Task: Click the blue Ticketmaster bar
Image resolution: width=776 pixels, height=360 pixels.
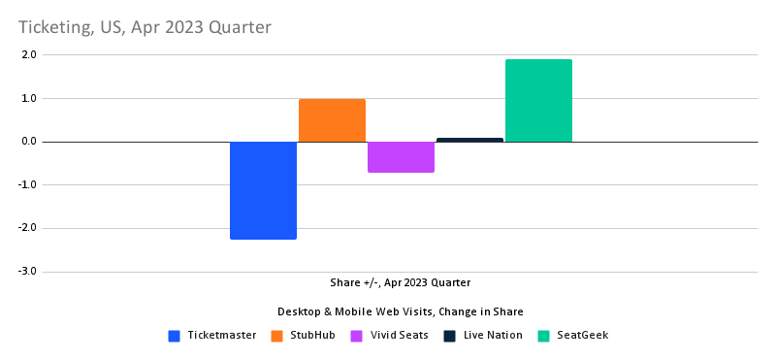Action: [263, 190]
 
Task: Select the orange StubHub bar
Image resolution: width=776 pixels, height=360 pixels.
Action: [332, 120]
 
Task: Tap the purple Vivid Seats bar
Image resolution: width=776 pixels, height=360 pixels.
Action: [401, 157]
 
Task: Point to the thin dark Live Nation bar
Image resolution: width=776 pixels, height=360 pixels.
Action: [469, 140]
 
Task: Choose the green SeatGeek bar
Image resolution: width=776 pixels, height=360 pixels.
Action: [538, 101]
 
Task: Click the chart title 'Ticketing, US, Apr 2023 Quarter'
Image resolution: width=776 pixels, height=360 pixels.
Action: [145, 26]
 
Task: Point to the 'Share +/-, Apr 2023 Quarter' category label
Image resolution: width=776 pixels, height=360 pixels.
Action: [400, 282]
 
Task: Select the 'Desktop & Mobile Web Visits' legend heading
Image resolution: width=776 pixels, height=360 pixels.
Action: [400, 311]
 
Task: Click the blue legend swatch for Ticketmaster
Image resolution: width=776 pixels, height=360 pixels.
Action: [175, 336]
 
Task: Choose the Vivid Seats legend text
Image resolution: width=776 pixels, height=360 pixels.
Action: [399, 336]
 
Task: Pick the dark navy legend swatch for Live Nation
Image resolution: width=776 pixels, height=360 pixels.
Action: [450, 336]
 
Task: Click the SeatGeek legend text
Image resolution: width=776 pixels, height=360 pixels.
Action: [583, 336]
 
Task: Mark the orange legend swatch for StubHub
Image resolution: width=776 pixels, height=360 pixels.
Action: [276, 336]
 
